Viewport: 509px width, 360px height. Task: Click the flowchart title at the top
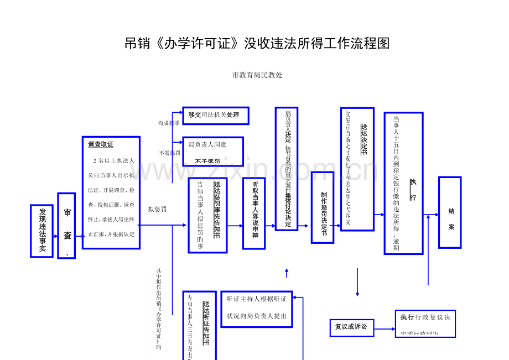pos(257,44)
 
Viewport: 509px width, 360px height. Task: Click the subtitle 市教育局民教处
pos(257,75)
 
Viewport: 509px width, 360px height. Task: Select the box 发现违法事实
pos(42,231)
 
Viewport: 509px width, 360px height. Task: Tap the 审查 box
pos(67,225)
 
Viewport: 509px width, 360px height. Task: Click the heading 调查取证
pos(101,144)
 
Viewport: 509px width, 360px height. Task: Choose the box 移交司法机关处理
pos(215,115)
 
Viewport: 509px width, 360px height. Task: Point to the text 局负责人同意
pos(207,144)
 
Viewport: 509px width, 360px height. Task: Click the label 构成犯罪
pos(168,123)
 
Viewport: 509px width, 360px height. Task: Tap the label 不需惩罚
pos(169,153)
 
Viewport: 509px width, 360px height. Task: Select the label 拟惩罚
pos(158,209)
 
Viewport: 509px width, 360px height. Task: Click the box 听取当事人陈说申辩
pos(254,213)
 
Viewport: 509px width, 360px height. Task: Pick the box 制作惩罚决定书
pos(323,207)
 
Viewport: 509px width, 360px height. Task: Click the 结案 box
pos(450,212)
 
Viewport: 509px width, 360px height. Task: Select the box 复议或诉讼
pos(351,326)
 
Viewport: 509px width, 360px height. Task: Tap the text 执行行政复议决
pos(425,317)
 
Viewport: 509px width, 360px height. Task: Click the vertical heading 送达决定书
pos(363,139)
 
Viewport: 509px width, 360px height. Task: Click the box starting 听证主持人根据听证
pos(257,307)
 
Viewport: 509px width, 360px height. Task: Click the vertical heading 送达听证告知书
pos(206,324)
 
